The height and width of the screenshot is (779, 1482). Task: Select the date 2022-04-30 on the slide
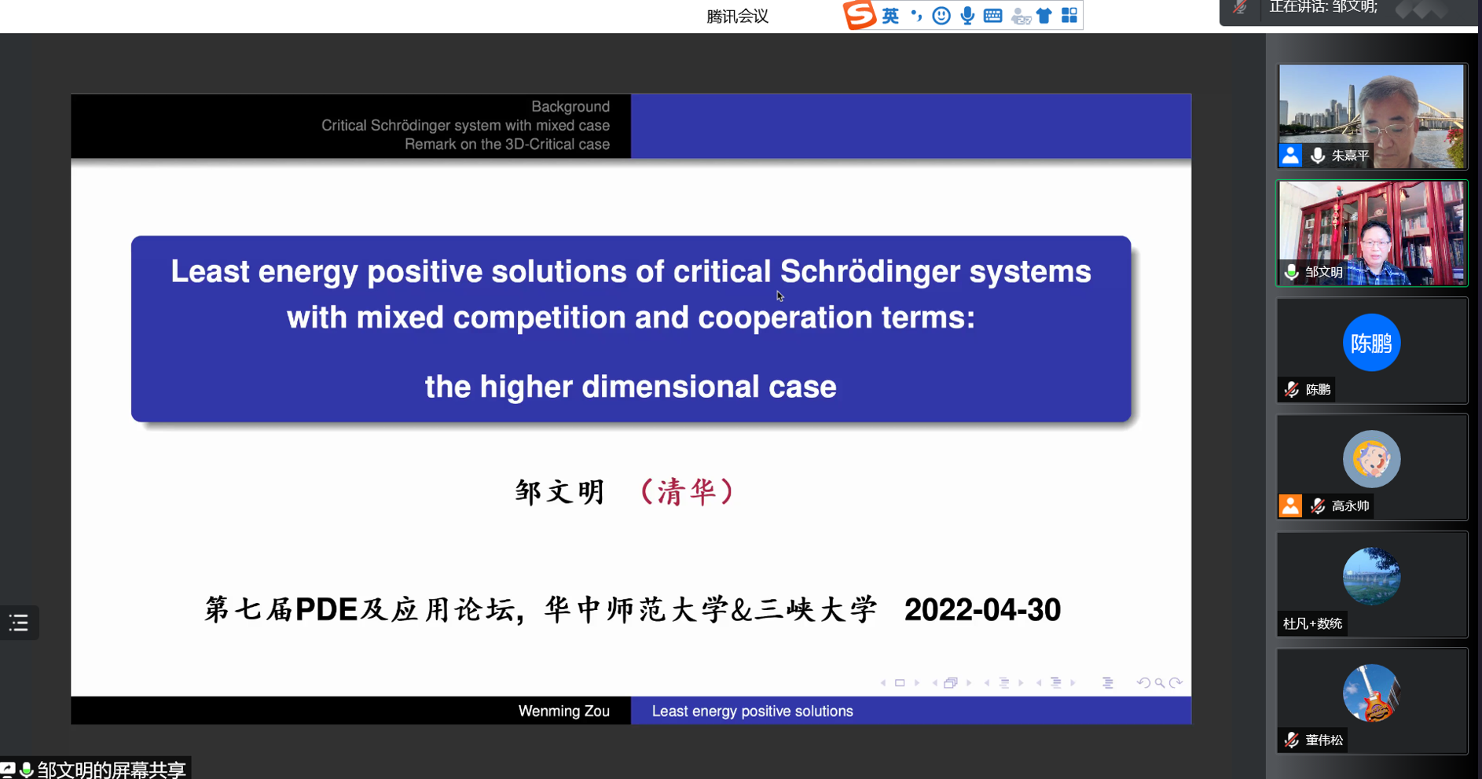[x=982, y=610]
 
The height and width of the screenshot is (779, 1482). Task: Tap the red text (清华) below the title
[x=688, y=491]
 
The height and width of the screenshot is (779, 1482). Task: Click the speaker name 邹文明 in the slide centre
[x=559, y=492]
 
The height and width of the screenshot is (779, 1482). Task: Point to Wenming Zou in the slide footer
[x=563, y=711]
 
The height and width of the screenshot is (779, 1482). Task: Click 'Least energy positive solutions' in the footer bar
[x=752, y=711]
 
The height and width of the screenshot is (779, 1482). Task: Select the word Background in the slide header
[x=570, y=107]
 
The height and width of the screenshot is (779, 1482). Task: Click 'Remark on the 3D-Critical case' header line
[x=507, y=145]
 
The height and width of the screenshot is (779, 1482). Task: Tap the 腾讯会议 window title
[x=737, y=17]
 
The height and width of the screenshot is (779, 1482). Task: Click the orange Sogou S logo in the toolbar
[x=859, y=15]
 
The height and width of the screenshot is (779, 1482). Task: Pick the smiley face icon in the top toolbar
[x=941, y=16]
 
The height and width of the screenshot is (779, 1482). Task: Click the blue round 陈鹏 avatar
[x=1371, y=343]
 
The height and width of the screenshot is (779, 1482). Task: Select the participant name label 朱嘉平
[x=1350, y=156]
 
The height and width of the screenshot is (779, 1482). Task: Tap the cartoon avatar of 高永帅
[x=1371, y=459]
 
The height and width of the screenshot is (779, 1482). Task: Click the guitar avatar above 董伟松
[x=1371, y=693]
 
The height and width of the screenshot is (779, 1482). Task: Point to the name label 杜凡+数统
[x=1312, y=623]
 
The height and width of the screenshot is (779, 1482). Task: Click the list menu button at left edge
[x=19, y=623]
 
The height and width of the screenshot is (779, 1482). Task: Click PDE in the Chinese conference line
[x=327, y=610]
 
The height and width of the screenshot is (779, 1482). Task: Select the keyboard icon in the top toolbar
[x=993, y=16]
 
